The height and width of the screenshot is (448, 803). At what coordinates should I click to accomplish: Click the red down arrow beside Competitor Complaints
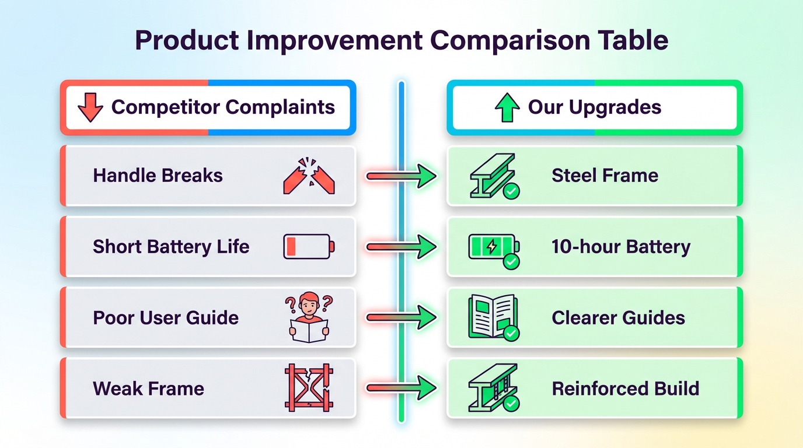[x=90, y=108]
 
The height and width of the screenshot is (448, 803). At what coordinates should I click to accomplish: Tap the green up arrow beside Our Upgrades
[x=507, y=108]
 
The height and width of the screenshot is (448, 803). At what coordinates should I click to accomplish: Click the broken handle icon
[x=309, y=176]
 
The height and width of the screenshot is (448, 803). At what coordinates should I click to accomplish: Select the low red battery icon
[x=309, y=246]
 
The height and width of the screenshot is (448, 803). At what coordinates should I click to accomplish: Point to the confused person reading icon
[x=309, y=317]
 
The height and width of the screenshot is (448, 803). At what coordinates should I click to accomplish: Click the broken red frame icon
[x=309, y=388]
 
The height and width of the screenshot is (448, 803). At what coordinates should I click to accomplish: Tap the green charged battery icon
[x=494, y=246]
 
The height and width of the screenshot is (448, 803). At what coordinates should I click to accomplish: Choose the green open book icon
[x=493, y=317]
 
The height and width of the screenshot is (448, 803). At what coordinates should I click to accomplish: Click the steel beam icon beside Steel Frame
[x=493, y=175]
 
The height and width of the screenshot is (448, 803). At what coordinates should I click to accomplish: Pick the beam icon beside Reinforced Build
[x=493, y=387]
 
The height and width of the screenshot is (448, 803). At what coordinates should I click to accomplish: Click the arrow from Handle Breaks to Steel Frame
[x=401, y=176]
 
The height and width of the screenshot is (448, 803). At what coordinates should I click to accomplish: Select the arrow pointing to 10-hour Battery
[x=401, y=247]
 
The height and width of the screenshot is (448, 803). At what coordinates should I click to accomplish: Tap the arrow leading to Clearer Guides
[x=401, y=318]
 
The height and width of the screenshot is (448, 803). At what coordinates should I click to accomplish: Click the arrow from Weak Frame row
[x=401, y=388]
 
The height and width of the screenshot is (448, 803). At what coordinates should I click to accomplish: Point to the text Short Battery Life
[x=171, y=247]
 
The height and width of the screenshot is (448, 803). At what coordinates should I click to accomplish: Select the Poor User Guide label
[x=166, y=318]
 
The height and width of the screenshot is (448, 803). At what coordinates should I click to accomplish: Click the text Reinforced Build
[x=625, y=388]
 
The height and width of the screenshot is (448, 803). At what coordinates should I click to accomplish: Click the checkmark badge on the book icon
[x=511, y=333]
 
